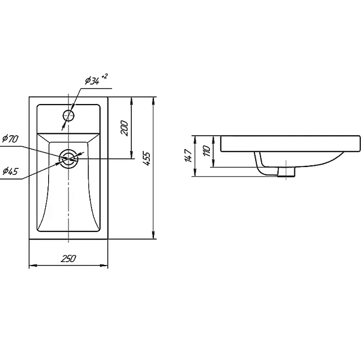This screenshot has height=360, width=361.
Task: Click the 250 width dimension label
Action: (68, 259)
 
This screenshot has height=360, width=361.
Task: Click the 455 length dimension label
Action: (146, 158)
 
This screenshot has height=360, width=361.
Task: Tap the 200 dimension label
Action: (125, 128)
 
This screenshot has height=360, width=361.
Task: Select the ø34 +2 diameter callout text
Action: (96, 79)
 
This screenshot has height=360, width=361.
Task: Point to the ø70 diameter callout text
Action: (10, 139)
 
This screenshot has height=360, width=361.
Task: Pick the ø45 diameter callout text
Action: (10, 171)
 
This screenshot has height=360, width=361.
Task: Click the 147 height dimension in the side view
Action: (188, 156)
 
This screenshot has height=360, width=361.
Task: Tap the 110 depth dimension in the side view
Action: (207, 151)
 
